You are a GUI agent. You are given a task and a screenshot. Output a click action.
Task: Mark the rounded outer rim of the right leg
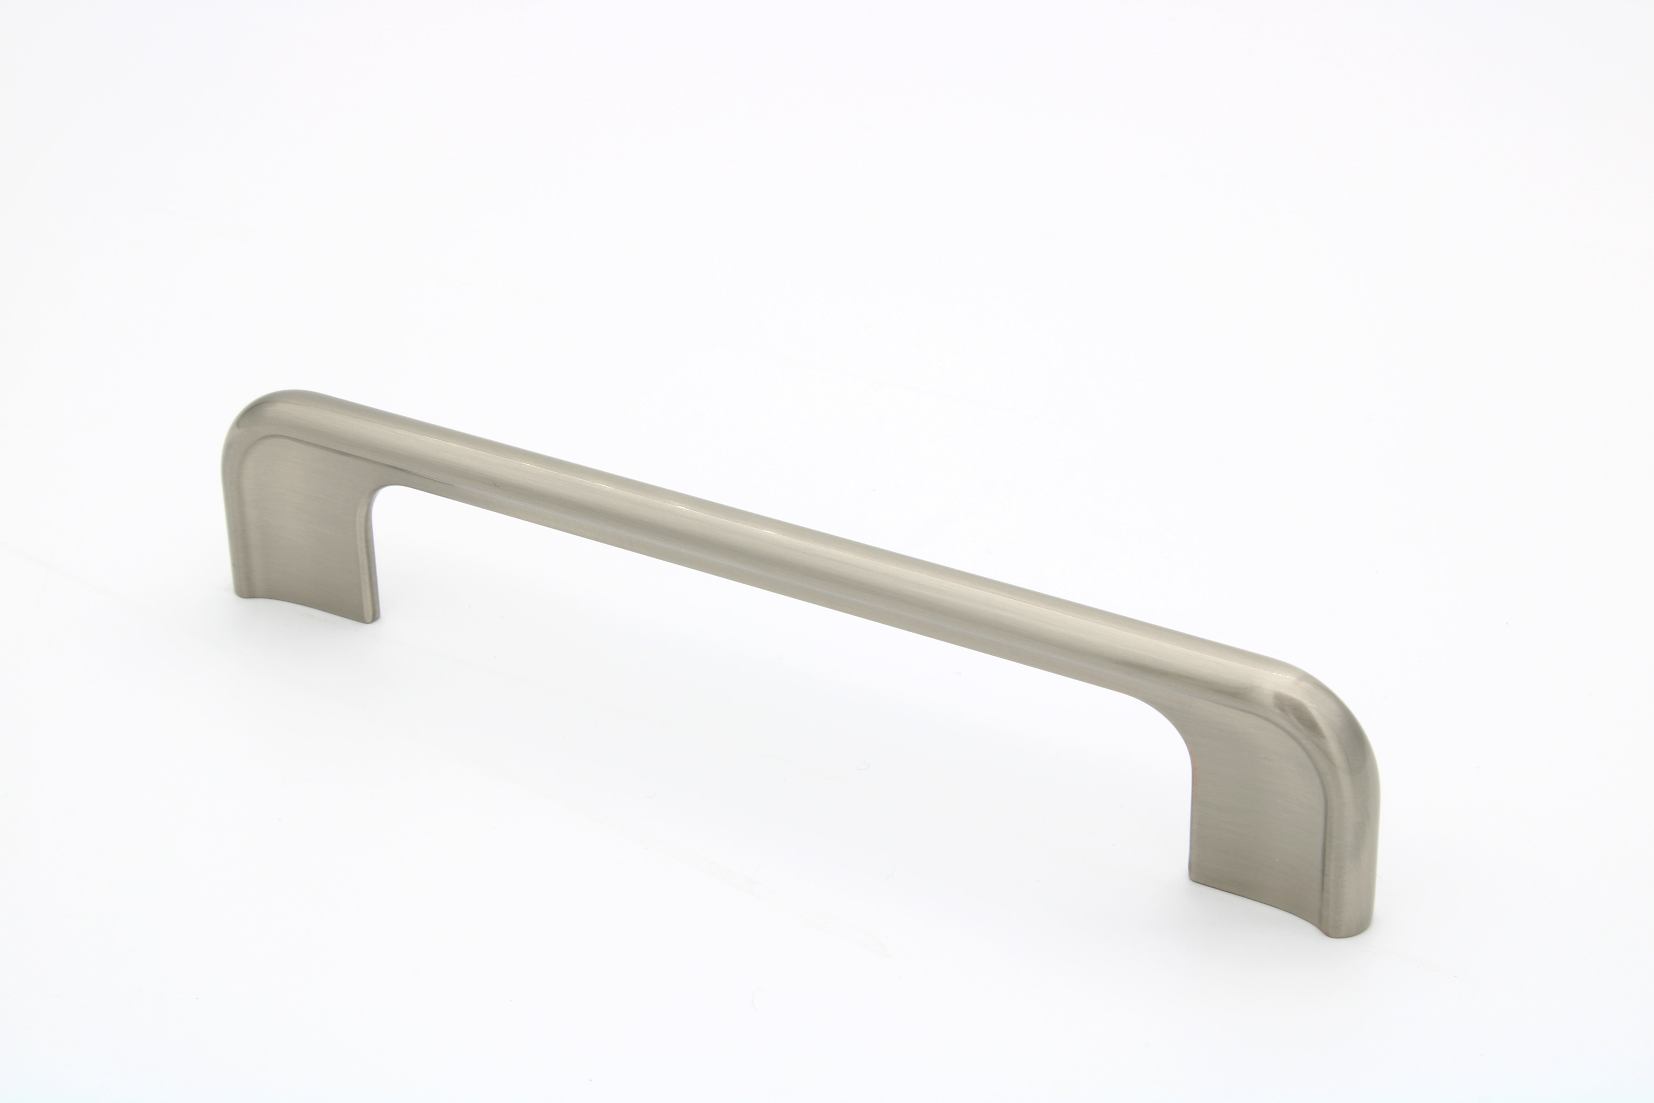click(1357, 844)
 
